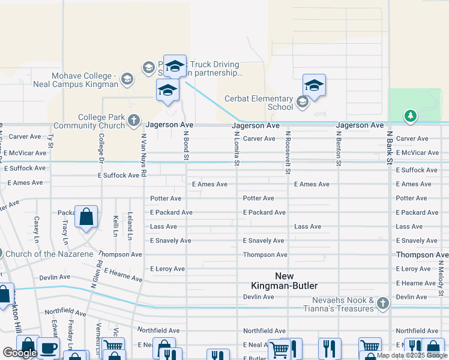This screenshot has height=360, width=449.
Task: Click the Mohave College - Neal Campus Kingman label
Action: [85, 80]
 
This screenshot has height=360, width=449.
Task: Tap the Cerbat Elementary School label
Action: [259, 103]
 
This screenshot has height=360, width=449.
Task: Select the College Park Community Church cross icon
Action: [133, 122]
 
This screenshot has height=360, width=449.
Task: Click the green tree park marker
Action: [410, 116]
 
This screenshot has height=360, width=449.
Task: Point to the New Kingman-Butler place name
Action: [296, 281]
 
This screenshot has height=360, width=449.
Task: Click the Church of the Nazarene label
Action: [49, 254]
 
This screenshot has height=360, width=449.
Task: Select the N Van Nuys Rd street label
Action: [143, 155]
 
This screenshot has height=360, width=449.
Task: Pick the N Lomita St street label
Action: [237, 149]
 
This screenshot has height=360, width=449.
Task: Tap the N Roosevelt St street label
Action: [288, 152]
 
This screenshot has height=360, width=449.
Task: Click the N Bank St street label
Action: [390, 149]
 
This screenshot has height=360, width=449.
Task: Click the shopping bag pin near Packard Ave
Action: [86, 216]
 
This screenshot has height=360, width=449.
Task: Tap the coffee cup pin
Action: [48, 347]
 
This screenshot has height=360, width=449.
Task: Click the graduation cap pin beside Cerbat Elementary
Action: [314, 86]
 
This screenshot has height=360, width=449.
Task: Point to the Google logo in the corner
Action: [20, 353]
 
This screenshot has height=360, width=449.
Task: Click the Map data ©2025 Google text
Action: [411, 355]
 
